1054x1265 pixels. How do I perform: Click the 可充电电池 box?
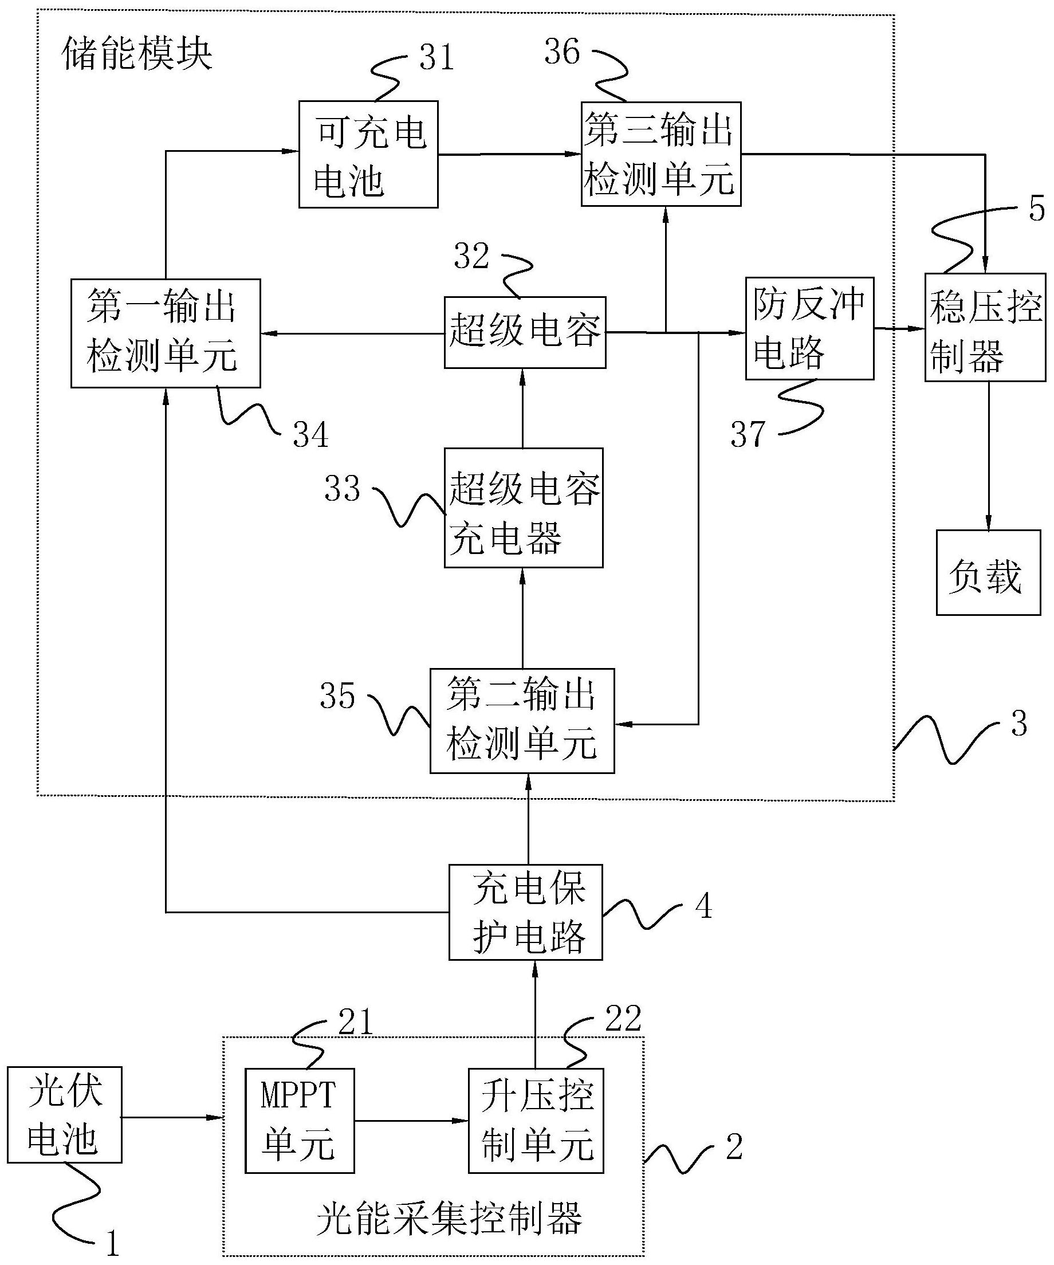[x=368, y=155]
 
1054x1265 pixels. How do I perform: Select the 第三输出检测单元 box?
[x=660, y=154]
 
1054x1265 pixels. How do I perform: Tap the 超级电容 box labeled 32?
[x=525, y=332]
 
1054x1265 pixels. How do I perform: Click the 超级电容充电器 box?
[x=524, y=508]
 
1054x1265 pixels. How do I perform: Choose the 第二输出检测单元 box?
[x=522, y=721]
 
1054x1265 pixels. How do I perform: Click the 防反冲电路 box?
[x=809, y=328]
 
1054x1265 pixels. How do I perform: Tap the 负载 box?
[x=988, y=572]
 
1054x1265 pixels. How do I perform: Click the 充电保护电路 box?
[x=525, y=912]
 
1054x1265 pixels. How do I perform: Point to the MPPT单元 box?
[x=300, y=1121]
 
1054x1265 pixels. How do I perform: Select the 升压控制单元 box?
[x=536, y=1121]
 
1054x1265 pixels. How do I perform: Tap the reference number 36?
[x=561, y=51]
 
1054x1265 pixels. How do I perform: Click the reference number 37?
[x=748, y=434]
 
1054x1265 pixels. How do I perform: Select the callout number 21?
[x=355, y=1022]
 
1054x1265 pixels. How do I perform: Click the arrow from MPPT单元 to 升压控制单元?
[x=411, y=1121]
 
